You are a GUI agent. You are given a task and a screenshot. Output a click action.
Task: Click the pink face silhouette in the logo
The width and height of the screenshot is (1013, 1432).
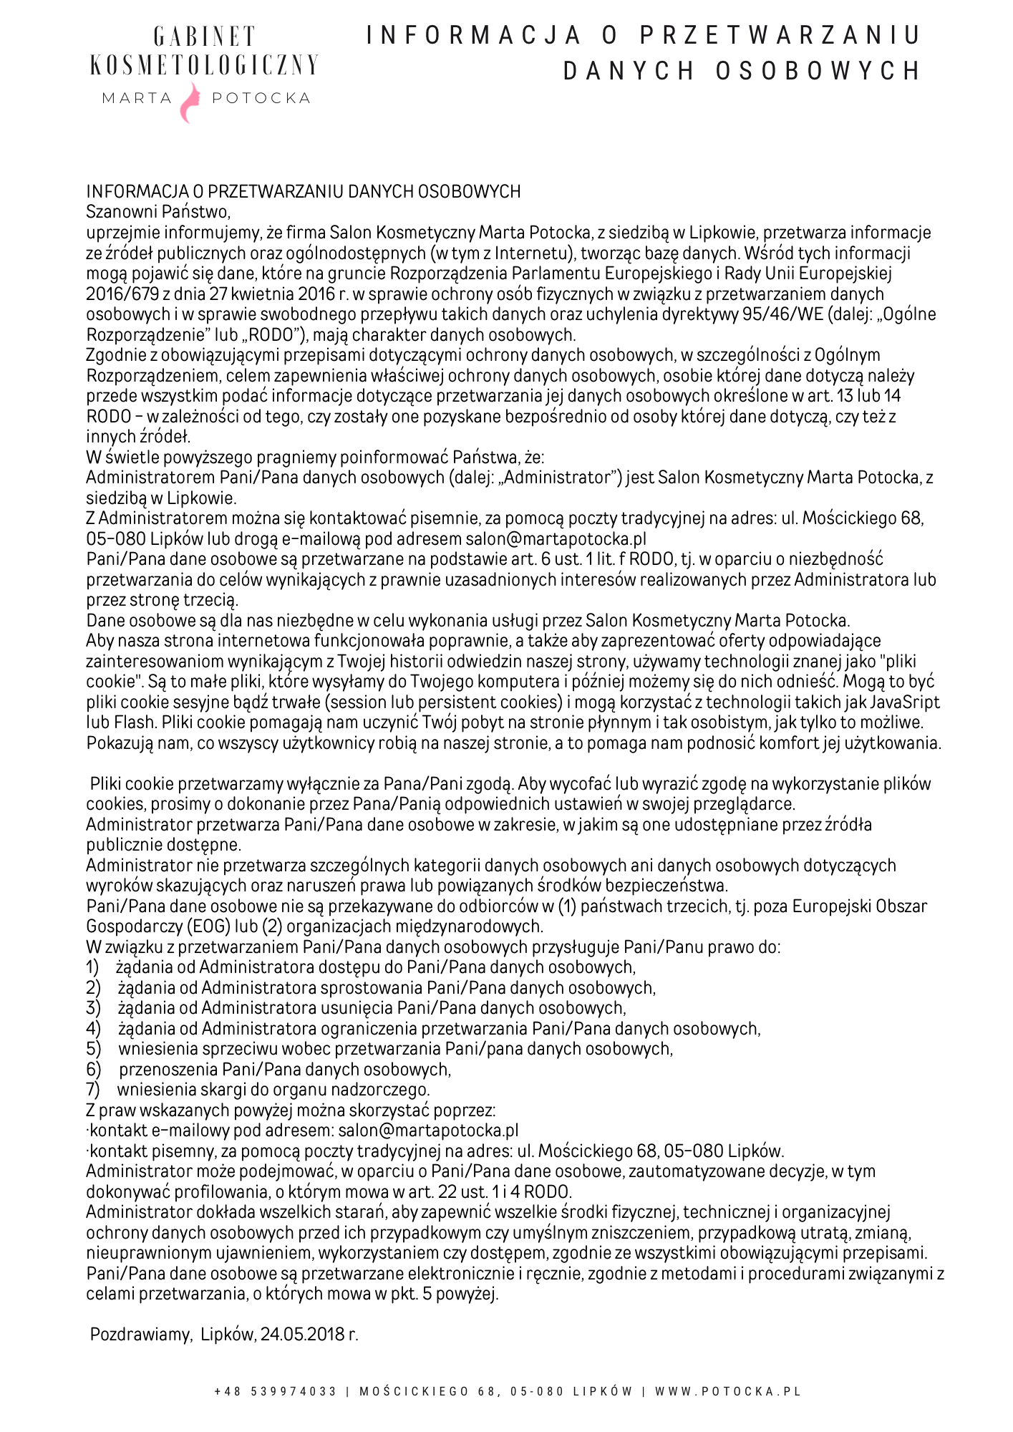tap(190, 102)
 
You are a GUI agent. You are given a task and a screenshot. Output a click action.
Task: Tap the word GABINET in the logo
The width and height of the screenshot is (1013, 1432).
tap(204, 37)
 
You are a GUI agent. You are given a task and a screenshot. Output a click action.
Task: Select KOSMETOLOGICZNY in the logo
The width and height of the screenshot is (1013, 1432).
tap(204, 65)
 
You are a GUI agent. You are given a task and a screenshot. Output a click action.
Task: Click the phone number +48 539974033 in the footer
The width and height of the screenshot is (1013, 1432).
tap(276, 1391)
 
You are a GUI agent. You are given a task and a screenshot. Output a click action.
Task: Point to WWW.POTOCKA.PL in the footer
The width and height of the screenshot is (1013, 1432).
tap(727, 1391)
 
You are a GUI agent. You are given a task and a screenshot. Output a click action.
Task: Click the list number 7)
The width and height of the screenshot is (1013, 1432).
tap(93, 1090)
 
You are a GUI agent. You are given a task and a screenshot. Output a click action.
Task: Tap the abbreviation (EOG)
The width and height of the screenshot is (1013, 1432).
tap(208, 927)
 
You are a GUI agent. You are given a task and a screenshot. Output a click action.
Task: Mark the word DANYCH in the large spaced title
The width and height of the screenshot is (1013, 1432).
tap(628, 71)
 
